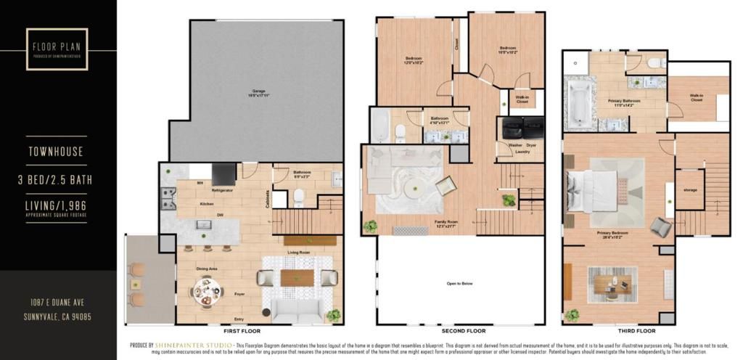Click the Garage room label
tap(253, 93)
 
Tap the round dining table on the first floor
tap(206, 293)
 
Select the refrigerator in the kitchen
tap(223, 174)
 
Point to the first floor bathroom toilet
tap(298, 197)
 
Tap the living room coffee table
tap(297, 278)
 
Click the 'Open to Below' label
tap(461, 284)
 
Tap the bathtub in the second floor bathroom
tap(379, 126)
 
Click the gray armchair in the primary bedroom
tap(660, 228)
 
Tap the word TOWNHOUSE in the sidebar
tap(57, 152)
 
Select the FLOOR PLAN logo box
tap(57, 49)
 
